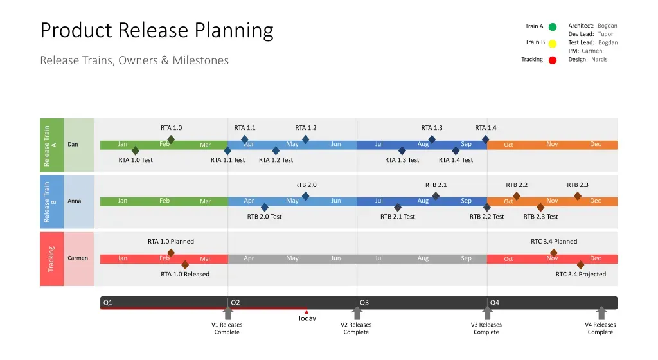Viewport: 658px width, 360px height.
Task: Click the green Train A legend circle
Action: [x=553, y=27]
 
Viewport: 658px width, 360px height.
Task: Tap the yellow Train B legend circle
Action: [x=553, y=44]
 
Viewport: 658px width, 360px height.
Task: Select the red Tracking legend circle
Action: [x=553, y=60]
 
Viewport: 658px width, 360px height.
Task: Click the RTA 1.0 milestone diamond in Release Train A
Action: [x=171, y=139]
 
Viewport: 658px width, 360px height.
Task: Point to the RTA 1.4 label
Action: [x=486, y=128]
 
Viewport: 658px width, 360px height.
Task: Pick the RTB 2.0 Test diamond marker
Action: [x=265, y=207]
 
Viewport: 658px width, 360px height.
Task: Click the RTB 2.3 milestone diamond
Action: [x=578, y=196]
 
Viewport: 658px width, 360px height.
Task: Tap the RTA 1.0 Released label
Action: [x=185, y=274]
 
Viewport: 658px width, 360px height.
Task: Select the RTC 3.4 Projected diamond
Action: [x=580, y=264]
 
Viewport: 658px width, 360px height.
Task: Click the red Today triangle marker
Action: [x=307, y=312]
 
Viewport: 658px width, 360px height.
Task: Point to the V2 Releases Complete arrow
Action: [x=357, y=312]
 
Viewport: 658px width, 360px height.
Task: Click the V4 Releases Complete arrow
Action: [x=601, y=312]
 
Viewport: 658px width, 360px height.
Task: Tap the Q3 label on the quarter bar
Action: [x=364, y=302]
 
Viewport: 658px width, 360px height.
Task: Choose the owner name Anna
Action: [x=75, y=201]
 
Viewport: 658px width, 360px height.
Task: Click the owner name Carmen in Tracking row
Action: [x=78, y=258]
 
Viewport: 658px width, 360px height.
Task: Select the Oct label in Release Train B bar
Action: [x=508, y=202]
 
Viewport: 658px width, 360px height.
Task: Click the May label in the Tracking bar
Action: [x=292, y=258]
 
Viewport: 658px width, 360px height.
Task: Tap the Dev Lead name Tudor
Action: [x=605, y=34]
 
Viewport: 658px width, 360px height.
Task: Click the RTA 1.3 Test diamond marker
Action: [x=402, y=150]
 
